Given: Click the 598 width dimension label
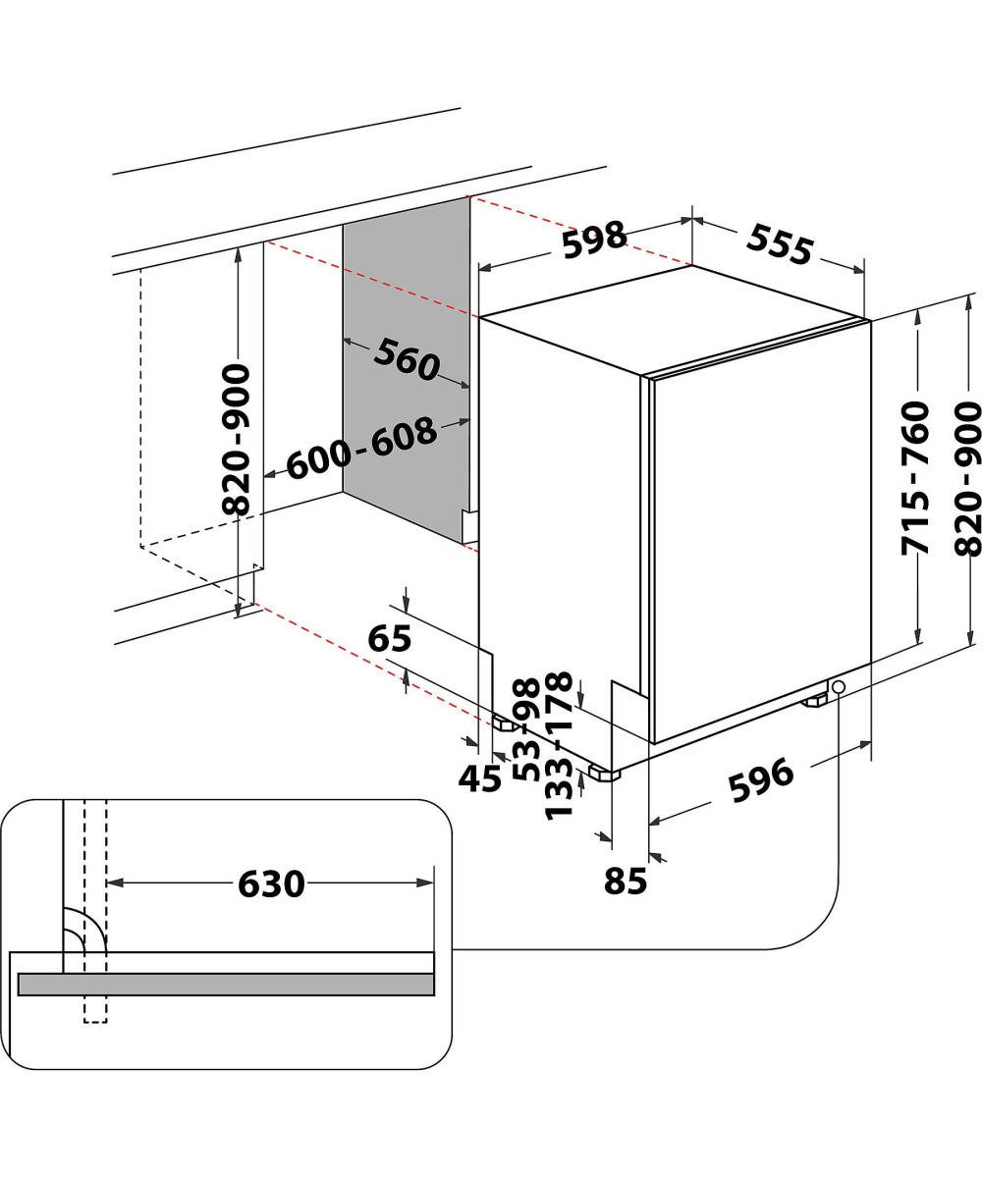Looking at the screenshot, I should click(595, 239).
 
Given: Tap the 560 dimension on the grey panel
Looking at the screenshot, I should click(406, 359).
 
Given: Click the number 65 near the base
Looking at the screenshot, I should click(389, 639).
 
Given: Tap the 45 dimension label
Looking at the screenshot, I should click(480, 778).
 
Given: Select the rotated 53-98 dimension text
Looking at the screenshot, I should click(527, 728).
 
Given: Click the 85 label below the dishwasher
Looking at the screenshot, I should click(626, 882).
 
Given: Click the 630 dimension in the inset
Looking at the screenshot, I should click(271, 883).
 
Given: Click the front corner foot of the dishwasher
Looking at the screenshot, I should click(605, 774).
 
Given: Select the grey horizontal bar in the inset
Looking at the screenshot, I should click(226, 984).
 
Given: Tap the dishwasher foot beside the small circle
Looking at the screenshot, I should click(815, 701).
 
